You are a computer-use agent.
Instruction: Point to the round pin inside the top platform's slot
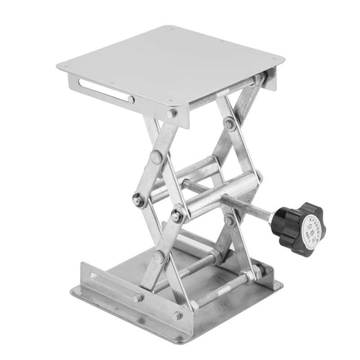[x=130, y=99]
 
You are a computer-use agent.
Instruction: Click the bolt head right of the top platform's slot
[x=171, y=113]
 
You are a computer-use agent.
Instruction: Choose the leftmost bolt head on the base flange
[x=137, y=297]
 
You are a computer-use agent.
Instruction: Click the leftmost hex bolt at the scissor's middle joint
[x=138, y=201]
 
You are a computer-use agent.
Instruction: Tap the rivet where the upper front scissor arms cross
[x=156, y=157]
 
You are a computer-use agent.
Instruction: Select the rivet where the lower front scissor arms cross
[x=158, y=257]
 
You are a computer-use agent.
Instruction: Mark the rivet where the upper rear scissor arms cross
[x=229, y=124]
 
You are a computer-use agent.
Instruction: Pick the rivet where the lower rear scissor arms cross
[x=230, y=220]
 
